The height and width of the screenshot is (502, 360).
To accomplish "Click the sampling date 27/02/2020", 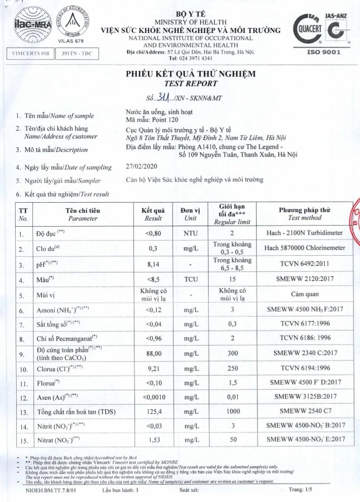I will pos(142,167).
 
